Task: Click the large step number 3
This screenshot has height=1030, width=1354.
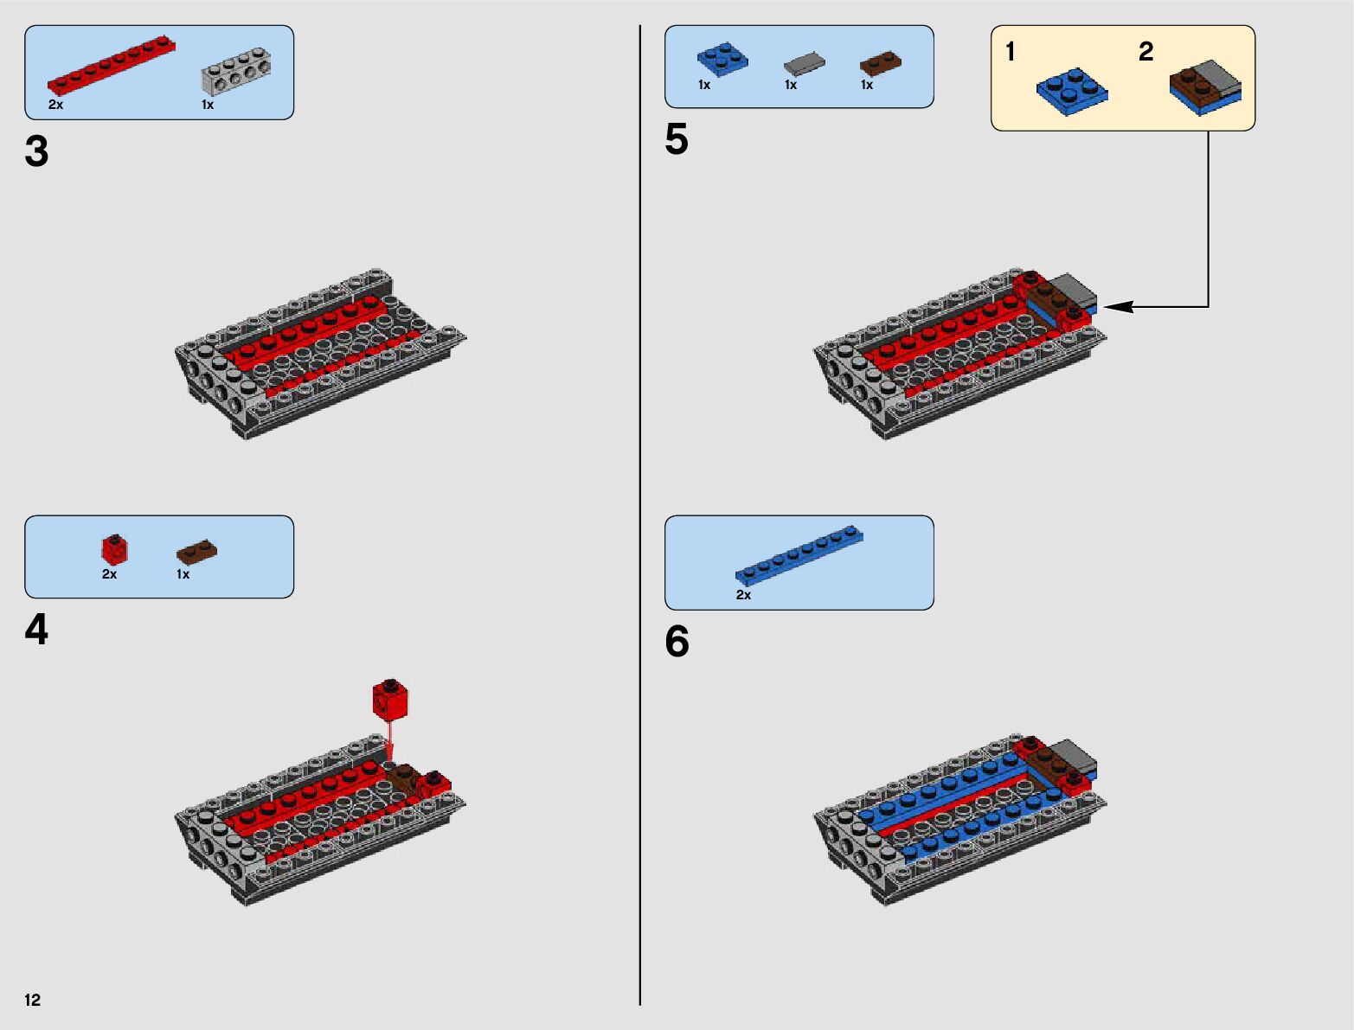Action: pos(36,151)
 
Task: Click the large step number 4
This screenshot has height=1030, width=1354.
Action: pos(36,630)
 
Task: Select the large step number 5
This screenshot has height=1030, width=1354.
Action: pos(677,139)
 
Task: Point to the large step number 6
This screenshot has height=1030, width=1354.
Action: pos(677,642)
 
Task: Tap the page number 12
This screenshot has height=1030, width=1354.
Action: pos(33,1000)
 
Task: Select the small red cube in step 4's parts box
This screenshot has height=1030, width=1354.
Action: pos(115,549)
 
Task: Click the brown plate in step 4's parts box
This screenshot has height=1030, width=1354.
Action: pos(197,551)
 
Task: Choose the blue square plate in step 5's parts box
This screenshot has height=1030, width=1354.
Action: pos(722,59)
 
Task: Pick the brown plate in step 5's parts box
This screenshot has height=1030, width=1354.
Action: pos(881,63)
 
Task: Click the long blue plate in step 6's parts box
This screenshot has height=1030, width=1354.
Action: pos(799,554)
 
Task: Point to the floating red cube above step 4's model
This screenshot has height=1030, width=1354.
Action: pos(390,699)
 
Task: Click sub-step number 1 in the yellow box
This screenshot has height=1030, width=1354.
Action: pos(1010,52)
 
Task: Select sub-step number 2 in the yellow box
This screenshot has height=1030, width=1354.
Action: pos(1145,52)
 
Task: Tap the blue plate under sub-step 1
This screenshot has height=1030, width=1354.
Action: pos(1072,91)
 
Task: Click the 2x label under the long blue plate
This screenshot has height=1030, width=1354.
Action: pos(743,595)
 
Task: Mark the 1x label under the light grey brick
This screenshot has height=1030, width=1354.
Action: pos(208,105)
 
